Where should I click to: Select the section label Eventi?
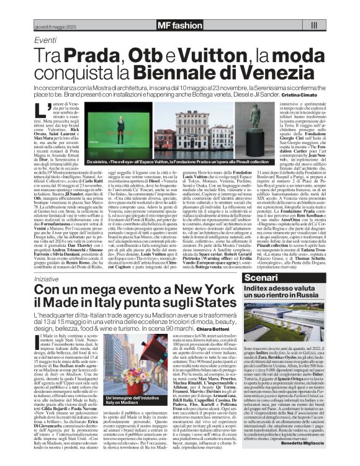pos(45,40)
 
